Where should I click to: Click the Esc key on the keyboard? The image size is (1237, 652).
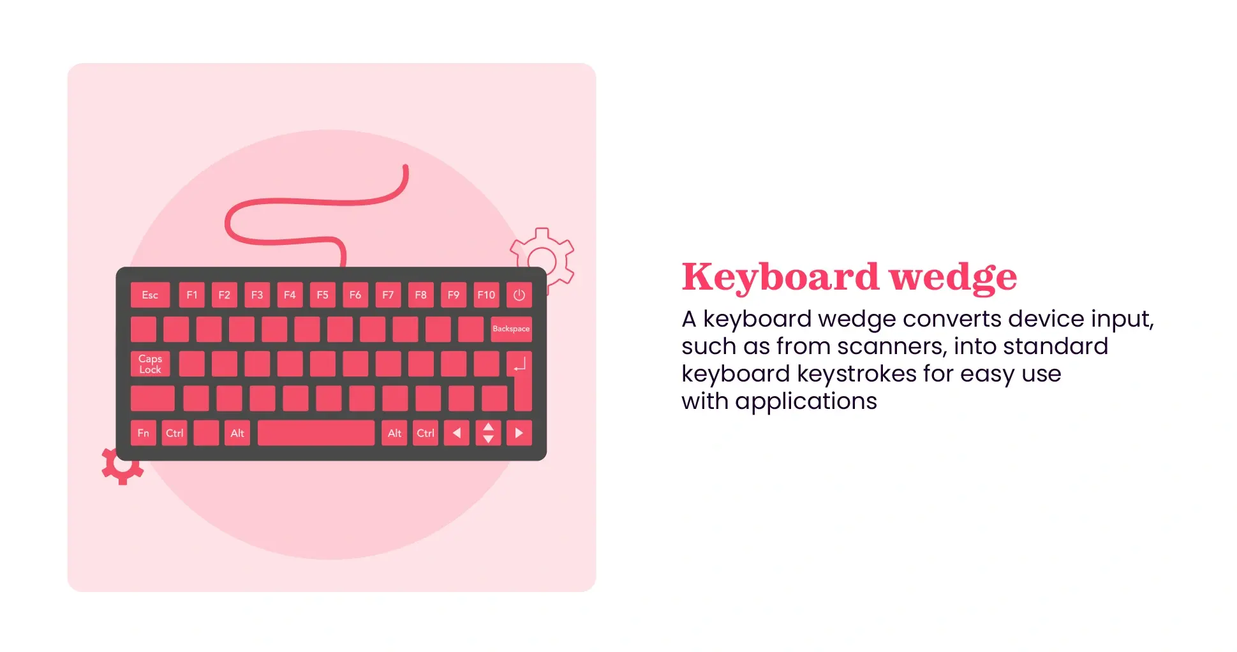point(150,295)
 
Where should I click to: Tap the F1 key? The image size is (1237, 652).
point(191,295)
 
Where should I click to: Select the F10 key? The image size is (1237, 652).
point(486,295)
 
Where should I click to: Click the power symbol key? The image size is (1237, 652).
point(519,295)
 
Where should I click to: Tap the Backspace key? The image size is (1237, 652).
point(511,329)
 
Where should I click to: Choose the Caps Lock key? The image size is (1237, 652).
point(151,364)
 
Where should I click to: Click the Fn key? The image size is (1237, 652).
point(144,433)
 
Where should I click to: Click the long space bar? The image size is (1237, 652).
point(316,433)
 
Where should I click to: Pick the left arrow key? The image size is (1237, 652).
point(457,433)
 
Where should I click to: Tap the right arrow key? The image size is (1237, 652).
point(519,433)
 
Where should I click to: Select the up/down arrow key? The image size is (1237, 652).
point(488,433)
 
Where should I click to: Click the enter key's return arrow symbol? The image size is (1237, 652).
point(520,364)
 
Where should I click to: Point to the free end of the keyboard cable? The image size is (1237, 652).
point(405,168)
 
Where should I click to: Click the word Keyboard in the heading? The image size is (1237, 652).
point(780,277)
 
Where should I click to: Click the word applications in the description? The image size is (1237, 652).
point(806,401)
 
